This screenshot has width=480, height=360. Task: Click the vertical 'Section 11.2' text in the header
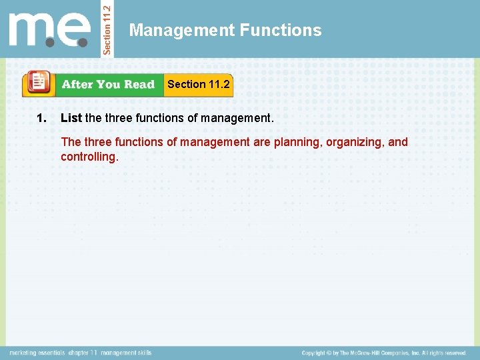pos(111,28)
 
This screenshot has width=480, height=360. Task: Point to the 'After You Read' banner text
pos(108,85)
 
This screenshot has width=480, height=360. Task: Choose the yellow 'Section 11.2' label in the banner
pos(198,84)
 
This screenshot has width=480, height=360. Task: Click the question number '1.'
pos(41,118)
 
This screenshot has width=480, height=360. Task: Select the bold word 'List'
pos(71,118)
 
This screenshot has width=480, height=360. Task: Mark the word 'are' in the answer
pos(262,142)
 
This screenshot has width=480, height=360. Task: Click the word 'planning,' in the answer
pos(298,142)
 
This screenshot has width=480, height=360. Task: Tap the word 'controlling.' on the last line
pos(89,157)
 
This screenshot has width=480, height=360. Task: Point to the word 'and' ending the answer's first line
pos(398,142)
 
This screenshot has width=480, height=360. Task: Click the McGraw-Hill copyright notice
pos(383,353)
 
